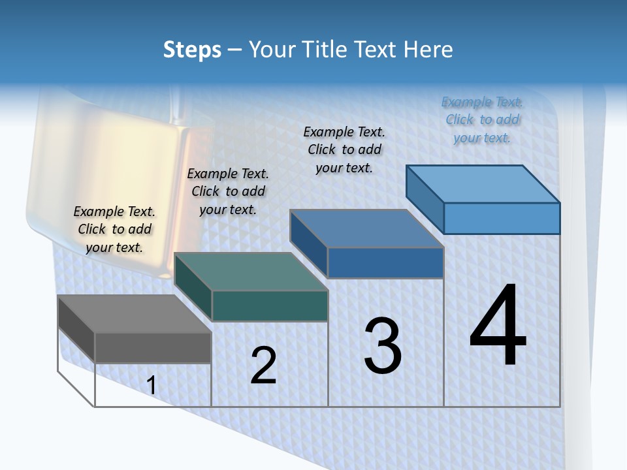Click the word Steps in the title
pos(192,50)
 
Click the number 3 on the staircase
pos(383,345)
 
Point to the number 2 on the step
pos(263,366)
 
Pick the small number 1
pos(152,386)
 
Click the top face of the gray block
pos(134,314)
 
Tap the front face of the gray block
pos(153,347)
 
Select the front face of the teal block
pos(270,305)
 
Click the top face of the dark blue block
pos(367,228)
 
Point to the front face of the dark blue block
pos(385,262)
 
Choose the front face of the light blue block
pos(502,218)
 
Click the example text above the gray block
pos(114,229)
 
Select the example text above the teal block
pos(228,191)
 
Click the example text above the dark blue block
pos(344,149)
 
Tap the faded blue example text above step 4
pos(482,119)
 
